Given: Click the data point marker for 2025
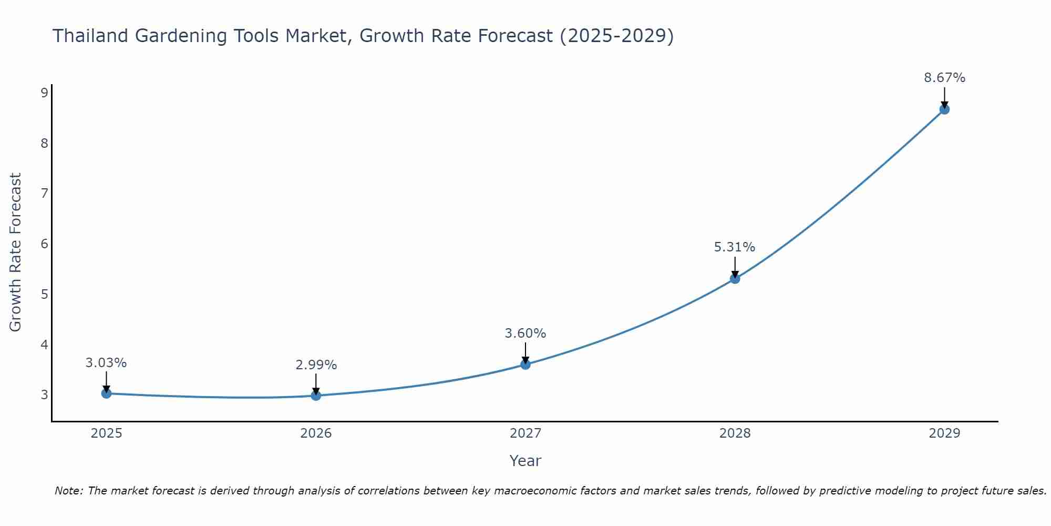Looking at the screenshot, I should (x=106, y=393).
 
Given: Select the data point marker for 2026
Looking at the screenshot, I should (x=316, y=396).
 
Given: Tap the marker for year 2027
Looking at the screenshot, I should (x=525, y=365).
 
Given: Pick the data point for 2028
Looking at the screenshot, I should (x=735, y=279).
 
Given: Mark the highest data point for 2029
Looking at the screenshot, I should (x=944, y=109).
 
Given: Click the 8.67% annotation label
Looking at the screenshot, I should (x=944, y=78).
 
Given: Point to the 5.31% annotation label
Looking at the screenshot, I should (x=734, y=247).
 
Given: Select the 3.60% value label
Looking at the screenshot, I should (x=525, y=333).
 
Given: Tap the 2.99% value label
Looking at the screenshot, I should (x=316, y=365).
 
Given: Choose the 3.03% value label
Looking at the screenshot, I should (x=106, y=363).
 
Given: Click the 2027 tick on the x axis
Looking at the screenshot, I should (x=525, y=433).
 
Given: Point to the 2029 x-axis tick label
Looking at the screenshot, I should (x=944, y=433).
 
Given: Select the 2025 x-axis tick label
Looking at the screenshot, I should (x=106, y=433).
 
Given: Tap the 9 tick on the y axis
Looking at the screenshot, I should (x=44, y=93).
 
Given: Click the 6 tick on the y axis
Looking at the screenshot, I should (x=44, y=244).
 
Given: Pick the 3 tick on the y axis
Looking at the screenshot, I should (x=44, y=395).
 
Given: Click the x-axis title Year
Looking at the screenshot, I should (x=525, y=461).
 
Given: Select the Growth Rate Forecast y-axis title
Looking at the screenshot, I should (x=16, y=252).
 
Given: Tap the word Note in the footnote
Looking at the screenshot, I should (x=68, y=491).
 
